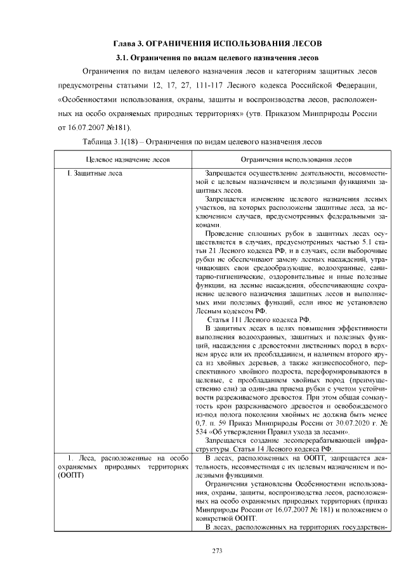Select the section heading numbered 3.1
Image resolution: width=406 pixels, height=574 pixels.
point(204,58)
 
